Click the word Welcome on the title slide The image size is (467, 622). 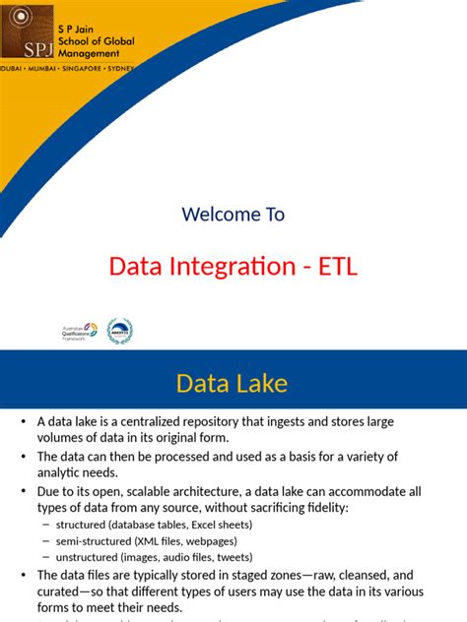coord(214,215)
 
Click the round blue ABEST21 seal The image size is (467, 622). coord(119,331)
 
